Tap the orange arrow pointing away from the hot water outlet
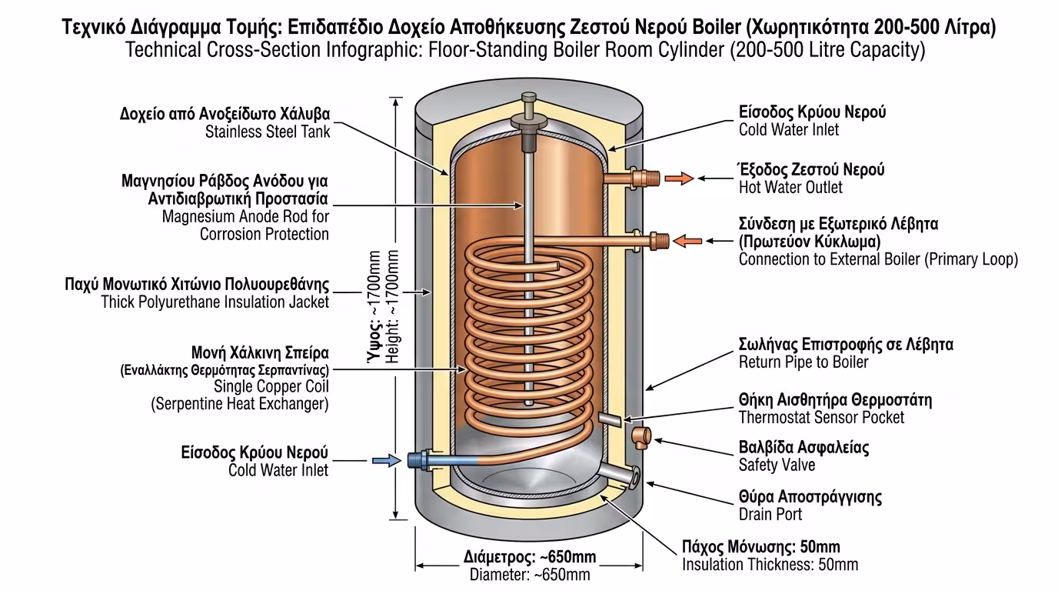[677, 179]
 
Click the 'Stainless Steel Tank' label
[267, 132]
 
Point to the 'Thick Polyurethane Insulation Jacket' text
[215, 302]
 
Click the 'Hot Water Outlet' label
[790, 187]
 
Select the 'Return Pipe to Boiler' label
[803, 362]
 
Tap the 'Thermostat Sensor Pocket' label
[821, 417]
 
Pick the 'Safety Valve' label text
[777, 465]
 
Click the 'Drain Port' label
[770, 514]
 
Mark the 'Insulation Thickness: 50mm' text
[770, 565]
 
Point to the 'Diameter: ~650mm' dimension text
[530, 574]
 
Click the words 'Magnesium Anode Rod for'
[245, 216]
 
